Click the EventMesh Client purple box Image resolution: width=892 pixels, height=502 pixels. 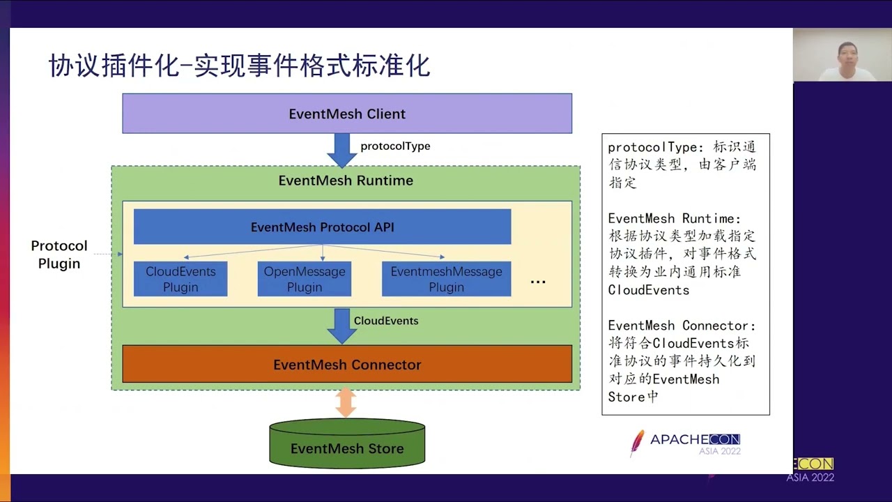pos(347,114)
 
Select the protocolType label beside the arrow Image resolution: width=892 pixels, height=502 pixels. pos(395,146)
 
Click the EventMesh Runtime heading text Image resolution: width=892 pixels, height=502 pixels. pos(346,181)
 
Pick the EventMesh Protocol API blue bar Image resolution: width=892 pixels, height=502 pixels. pos(322,227)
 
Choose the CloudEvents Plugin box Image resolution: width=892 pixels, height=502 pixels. pos(180,279)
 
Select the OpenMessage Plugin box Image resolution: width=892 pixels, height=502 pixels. pos(305,279)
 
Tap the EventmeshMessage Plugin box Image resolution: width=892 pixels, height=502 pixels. pos(446,279)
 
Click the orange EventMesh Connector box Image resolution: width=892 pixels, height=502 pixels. pos(347,365)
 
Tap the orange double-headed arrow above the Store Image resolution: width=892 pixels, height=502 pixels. pos(346,402)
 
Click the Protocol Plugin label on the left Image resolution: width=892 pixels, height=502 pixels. pos(59,254)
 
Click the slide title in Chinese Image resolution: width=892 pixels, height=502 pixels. pos(239,66)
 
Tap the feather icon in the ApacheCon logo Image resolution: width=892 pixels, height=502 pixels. pos(637,442)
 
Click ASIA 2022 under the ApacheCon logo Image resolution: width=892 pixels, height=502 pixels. pos(720,451)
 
